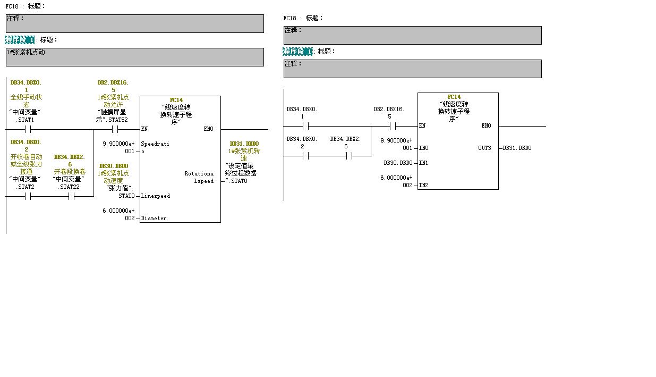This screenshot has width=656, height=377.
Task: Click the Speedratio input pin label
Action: point(154,147)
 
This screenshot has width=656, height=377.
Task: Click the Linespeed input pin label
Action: point(155,196)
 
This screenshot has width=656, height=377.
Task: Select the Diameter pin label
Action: point(154,219)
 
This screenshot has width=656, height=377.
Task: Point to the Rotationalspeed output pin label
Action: point(199,177)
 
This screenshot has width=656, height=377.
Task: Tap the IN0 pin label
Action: point(423,148)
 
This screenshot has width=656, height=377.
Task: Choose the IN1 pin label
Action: point(423,163)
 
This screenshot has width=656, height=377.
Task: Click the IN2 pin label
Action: point(423,186)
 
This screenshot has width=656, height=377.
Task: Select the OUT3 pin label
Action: point(484,148)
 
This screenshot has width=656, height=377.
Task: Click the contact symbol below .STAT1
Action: point(28,129)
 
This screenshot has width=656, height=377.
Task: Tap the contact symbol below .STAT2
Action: point(28,196)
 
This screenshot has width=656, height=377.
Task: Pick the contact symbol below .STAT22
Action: point(71,196)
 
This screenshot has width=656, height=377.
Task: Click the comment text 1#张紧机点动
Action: point(26,52)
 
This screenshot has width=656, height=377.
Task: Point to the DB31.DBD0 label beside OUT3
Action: point(517,148)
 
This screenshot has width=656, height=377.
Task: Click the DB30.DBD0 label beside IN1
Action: point(398,163)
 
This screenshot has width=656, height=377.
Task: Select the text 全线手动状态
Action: point(26,101)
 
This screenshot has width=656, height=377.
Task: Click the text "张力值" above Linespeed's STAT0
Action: point(120,188)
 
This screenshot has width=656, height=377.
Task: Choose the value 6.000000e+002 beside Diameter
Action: point(118,215)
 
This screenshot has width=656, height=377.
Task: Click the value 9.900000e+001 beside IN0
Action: point(396,145)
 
